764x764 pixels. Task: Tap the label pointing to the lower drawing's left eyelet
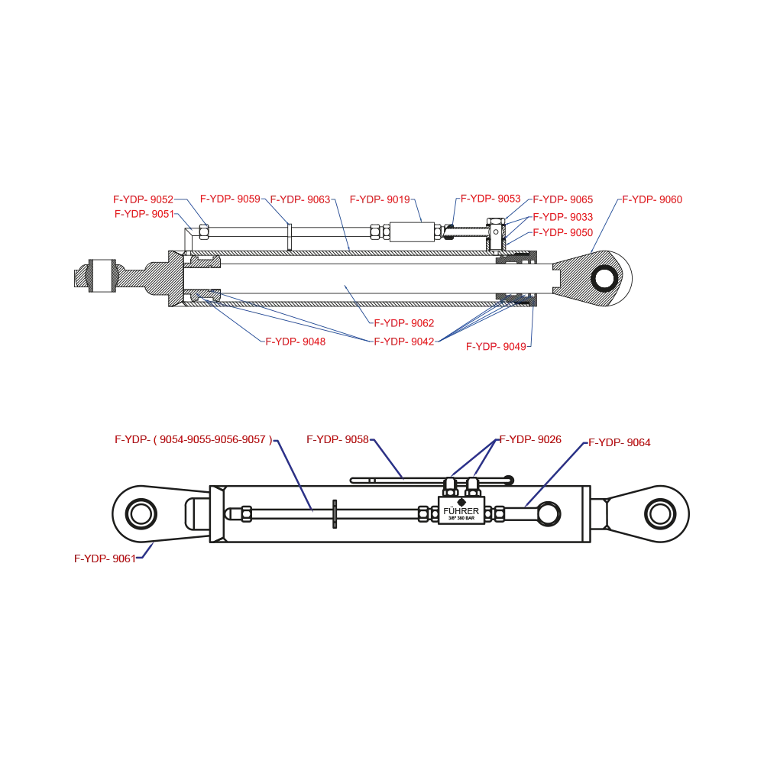[105, 558]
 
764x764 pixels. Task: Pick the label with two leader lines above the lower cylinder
[530, 440]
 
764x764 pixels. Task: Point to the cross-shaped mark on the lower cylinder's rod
[335, 511]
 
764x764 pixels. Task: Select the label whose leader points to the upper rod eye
[652, 200]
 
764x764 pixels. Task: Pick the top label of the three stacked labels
[563, 200]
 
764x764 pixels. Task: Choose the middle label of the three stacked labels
[563, 215]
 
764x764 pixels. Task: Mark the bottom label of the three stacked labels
[563, 230]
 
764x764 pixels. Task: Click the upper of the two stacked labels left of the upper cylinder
[143, 200]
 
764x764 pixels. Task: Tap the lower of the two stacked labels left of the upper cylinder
[143, 215]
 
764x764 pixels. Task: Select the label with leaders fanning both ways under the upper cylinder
[403, 342]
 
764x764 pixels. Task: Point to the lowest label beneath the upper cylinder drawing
[497, 348]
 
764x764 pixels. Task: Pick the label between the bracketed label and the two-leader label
[338, 440]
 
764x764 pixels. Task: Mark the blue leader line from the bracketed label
[294, 474]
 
